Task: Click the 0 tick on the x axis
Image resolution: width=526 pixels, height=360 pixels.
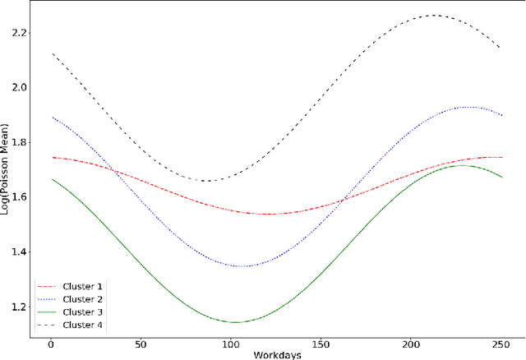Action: click(50, 345)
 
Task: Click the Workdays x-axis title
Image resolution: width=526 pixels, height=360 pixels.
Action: click(276, 354)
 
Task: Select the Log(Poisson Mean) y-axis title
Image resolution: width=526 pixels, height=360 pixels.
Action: click(6, 170)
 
